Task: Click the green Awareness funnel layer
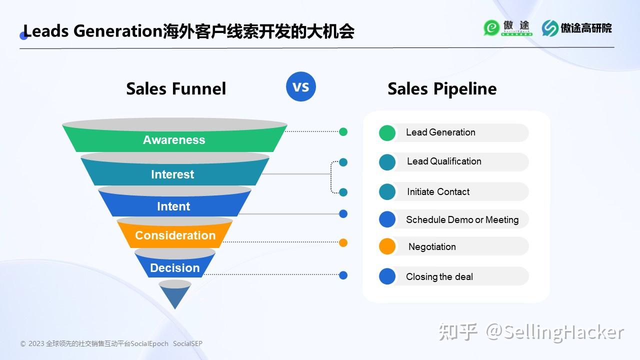tap(174, 140)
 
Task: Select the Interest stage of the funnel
tap(172, 174)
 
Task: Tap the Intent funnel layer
tap(173, 206)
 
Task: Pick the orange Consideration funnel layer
tap(175, 235)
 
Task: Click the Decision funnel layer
tap(175, 268)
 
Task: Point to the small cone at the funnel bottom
tap(175, 294)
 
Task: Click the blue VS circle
tap(301, 86)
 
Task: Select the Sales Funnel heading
tap(176, 88)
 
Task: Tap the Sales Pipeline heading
tap(442, 88)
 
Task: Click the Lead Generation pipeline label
tap(440, 132)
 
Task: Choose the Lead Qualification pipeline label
tap(444, 161)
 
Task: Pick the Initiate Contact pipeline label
tap(438, 192)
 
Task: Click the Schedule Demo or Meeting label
tap(462, 219)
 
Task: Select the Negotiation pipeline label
tap(432, 247)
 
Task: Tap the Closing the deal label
tap(439, 277)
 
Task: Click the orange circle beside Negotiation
tap(387, 246)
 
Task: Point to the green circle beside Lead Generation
tap(387, 132)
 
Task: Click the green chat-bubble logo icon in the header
tap(491, 28)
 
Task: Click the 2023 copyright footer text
tap(111, 344)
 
